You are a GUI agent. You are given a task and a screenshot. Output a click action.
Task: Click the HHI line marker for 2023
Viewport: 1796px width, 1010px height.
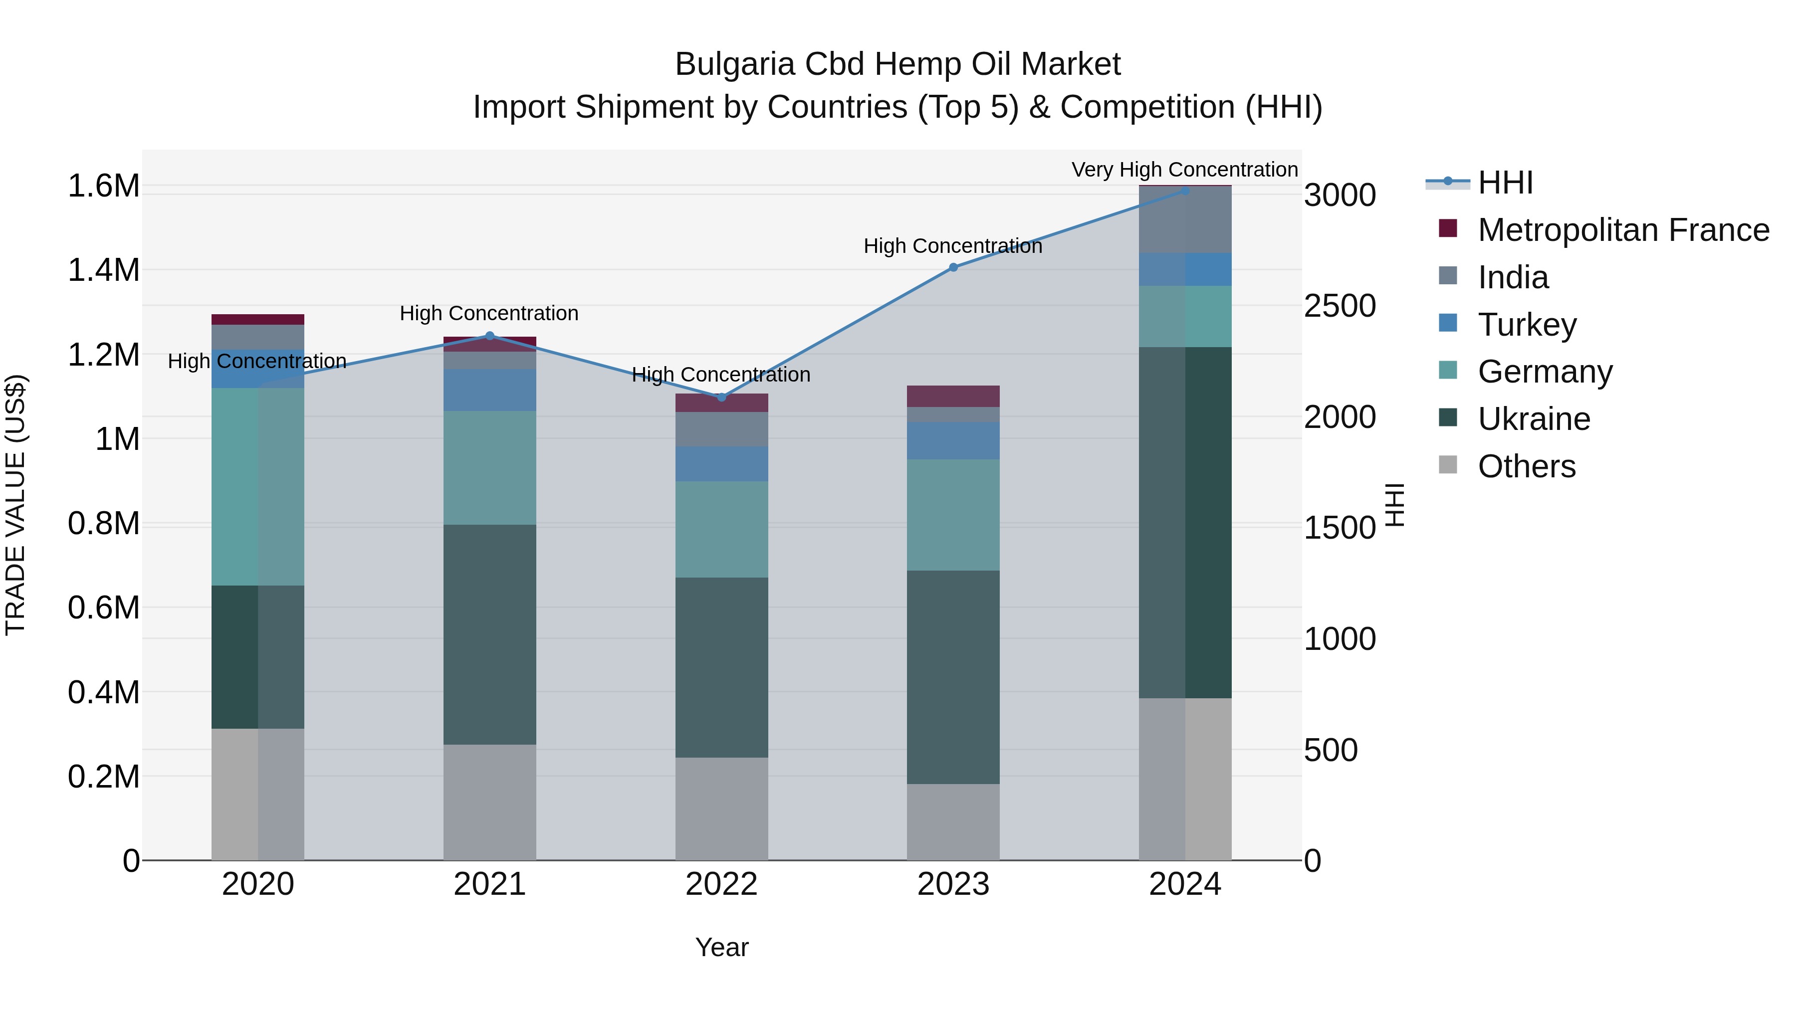(953, 267)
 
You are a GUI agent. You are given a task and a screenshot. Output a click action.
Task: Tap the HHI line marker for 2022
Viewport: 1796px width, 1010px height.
(721, 398)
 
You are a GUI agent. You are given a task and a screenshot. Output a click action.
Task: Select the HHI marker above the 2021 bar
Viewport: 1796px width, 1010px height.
(489, 336)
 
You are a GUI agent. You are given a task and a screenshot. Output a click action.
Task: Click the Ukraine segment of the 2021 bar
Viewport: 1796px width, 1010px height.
(489, 634)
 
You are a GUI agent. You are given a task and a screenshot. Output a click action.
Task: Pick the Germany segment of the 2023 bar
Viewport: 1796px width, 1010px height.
(953, 514)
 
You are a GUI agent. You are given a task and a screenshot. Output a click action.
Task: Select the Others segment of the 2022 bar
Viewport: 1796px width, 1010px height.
(721, 808)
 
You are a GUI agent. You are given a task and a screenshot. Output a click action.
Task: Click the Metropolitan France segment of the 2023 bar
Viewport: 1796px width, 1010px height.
(953, 396)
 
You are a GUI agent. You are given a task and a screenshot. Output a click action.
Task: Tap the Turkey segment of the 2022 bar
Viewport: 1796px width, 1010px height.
(721, 463)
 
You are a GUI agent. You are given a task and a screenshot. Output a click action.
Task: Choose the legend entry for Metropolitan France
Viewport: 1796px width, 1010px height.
(1623, 230)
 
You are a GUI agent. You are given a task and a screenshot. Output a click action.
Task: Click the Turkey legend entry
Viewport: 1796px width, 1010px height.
(1527, 325)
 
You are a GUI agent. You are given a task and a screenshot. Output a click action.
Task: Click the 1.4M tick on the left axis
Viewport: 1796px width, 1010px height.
(103, 270)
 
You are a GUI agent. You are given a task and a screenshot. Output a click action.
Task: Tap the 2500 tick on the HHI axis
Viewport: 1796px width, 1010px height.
(1340, 306)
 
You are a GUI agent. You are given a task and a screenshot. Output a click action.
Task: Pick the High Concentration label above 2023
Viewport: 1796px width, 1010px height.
(952, 246)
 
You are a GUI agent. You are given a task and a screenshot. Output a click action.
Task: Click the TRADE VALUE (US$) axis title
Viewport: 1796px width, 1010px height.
(15, 505)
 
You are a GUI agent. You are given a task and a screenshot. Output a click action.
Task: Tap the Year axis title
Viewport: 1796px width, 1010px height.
(721, 947)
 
